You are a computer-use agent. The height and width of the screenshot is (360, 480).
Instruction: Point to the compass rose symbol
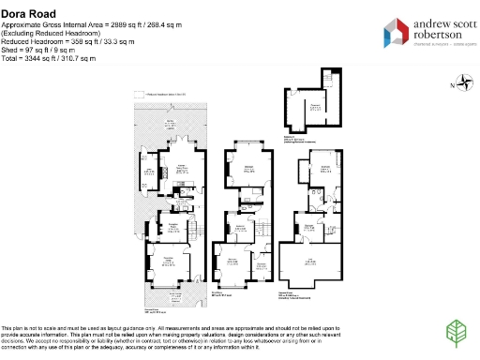click(x=463, y=85)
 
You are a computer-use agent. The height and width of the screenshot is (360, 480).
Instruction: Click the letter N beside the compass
click(x=452, y=85)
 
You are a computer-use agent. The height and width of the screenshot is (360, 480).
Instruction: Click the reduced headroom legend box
click(x=138, y=94)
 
